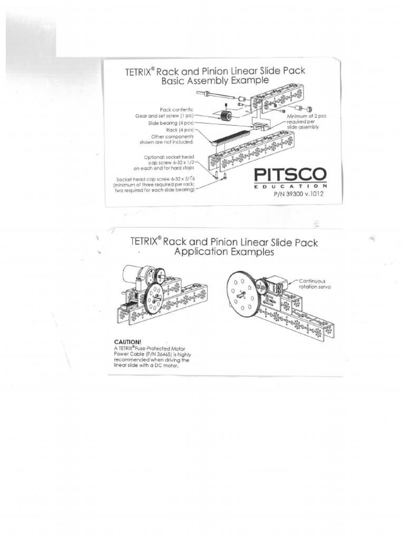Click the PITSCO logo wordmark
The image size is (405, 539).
[x=290, y=175]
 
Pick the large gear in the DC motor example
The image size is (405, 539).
[x=155, y=298]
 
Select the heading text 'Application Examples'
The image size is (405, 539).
[x=224, y=252]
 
